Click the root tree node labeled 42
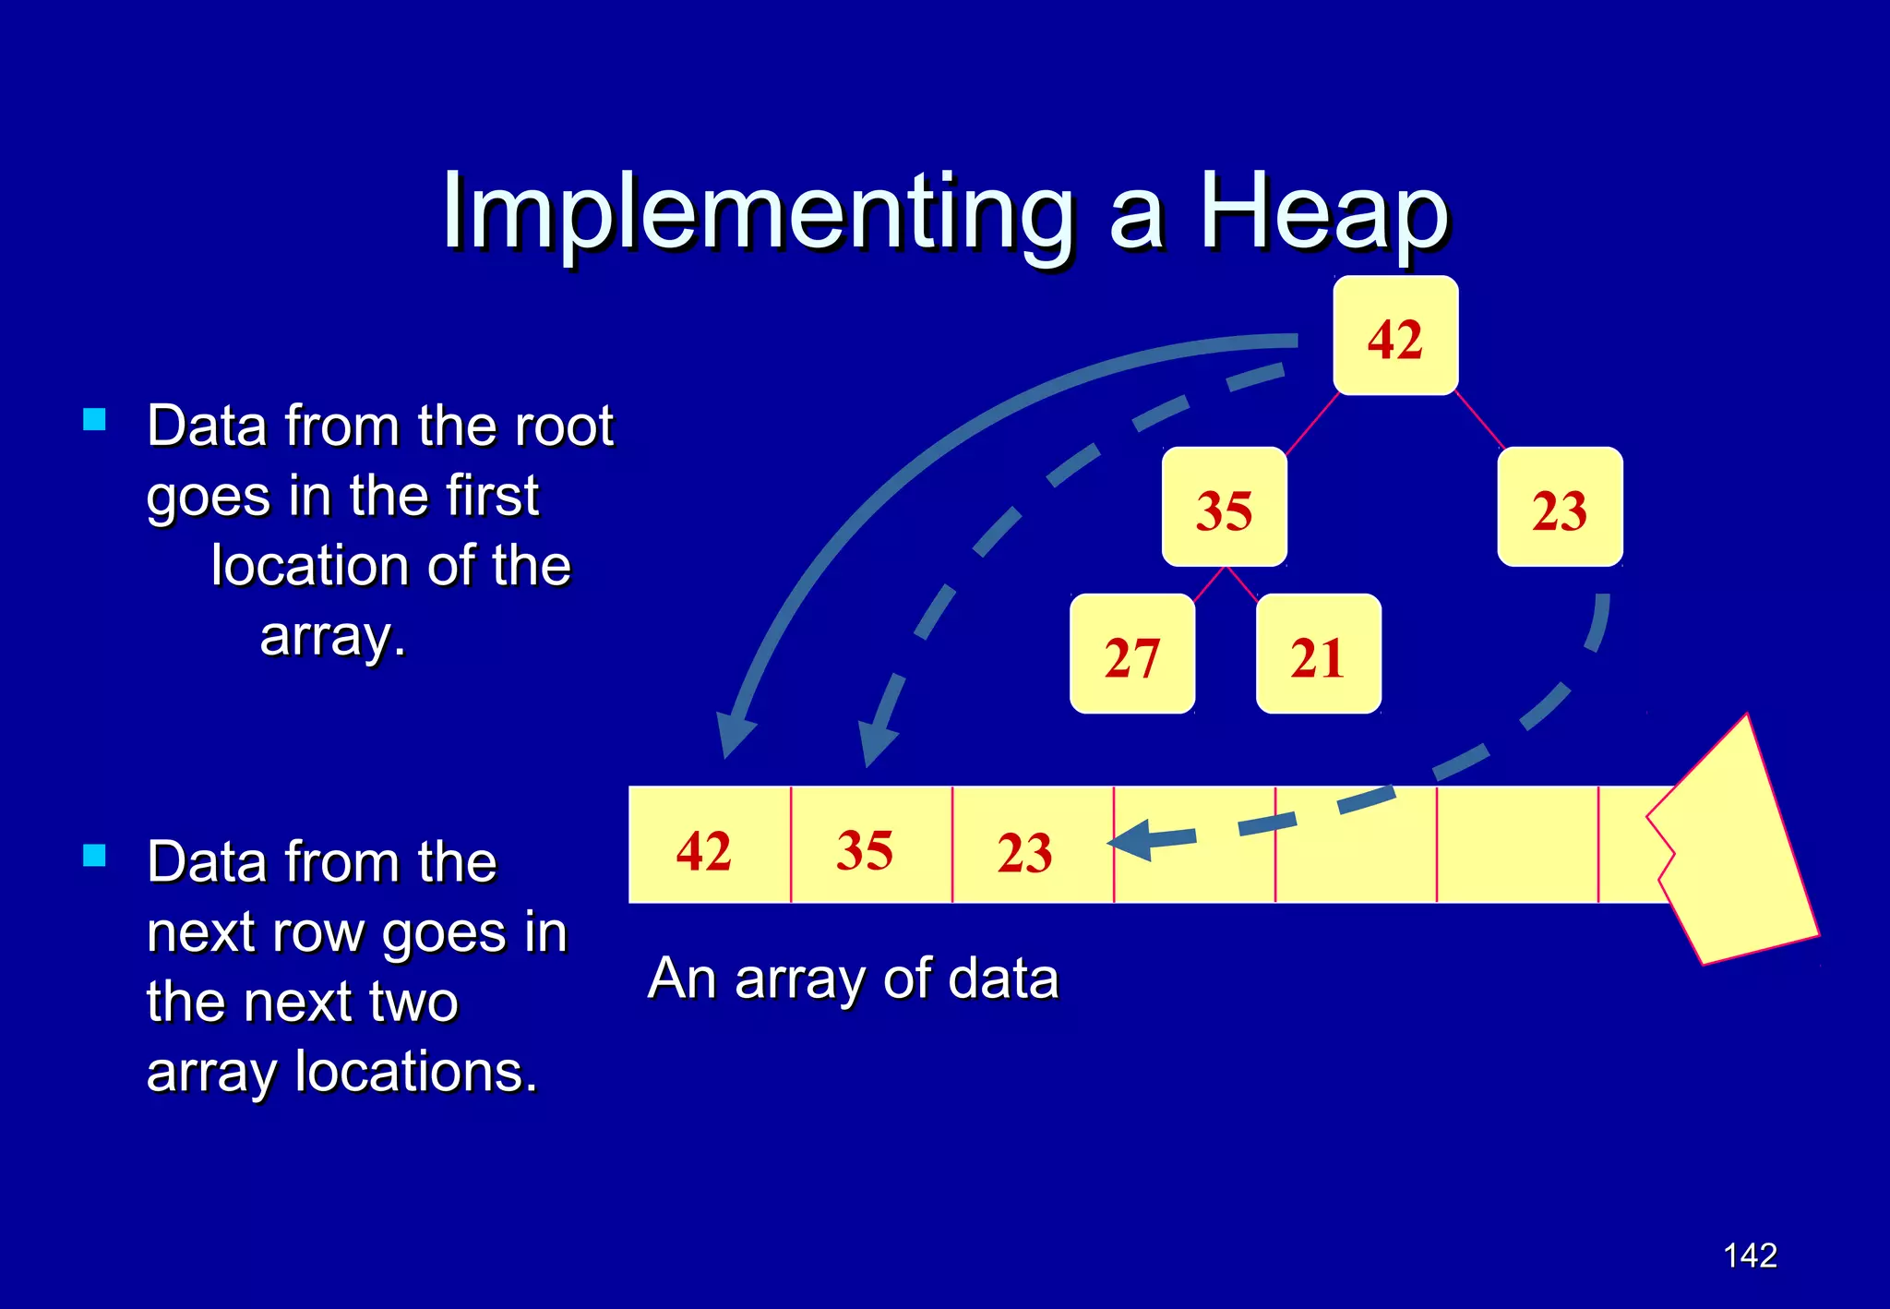1395,336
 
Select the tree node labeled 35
1224,508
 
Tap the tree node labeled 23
1560,508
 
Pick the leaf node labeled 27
1132,654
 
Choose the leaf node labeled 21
1318,654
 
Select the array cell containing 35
870,846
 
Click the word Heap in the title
1324,214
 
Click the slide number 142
1750,1255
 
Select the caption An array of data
853,979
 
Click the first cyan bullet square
94,420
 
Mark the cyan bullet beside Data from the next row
94,855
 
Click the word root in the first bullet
563,426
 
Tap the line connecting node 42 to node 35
1311,423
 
